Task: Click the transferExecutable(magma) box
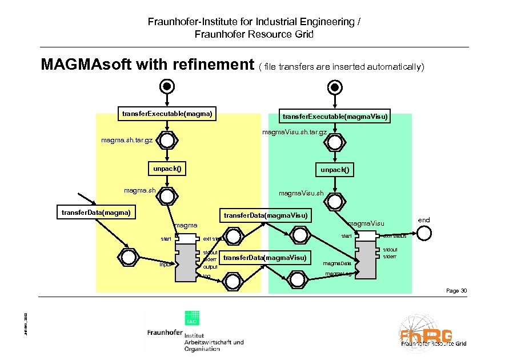pos(168,114)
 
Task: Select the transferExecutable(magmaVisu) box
pos(334,117)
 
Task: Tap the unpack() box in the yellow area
pos(167,169)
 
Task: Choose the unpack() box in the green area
pos(334,170)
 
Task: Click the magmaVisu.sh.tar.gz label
pos(294,132)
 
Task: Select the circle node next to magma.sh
pos(167,196)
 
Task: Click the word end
pos(424,220)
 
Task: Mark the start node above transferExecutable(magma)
pos(167,86)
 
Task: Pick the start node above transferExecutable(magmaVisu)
pos(335,86)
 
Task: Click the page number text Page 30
pos(456,291)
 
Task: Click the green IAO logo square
pos(191,322)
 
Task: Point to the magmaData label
pos(337,263)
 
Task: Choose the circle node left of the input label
pos(129,255)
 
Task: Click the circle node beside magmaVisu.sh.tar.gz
pos(335,141)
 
